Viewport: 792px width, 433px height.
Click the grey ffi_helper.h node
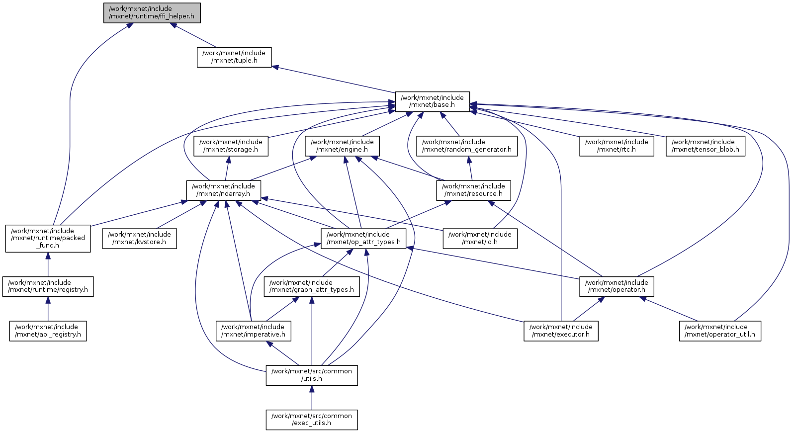coord(152,13)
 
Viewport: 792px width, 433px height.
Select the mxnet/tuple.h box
coord(234,57)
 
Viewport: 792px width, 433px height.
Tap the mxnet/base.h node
coord(432,101)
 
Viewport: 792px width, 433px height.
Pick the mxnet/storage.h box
coord(231,146)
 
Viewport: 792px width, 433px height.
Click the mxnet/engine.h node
coord(342,146)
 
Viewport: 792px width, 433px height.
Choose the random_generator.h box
coord(467,146)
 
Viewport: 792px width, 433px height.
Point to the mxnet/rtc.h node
coord(616,146)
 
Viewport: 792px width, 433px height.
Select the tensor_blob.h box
coord(705,146)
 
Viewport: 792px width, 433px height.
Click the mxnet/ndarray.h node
coord(224,190)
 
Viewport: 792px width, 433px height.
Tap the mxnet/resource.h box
coord(473,190)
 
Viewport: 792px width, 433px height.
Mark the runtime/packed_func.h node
coord(48,238)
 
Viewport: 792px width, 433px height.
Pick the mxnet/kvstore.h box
coord(139,238)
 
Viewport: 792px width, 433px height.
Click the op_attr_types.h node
coord(363,238)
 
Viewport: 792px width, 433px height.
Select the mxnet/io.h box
coord(480,238)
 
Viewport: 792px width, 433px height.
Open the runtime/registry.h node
coord(48,286)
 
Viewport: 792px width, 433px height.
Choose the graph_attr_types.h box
coord(312,286)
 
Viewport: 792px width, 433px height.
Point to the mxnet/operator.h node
coord(616,286)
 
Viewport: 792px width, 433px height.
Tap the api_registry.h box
coord(48,331)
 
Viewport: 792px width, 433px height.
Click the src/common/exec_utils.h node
coord(312,420)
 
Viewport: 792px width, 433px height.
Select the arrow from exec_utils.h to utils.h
coord(312,398)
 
